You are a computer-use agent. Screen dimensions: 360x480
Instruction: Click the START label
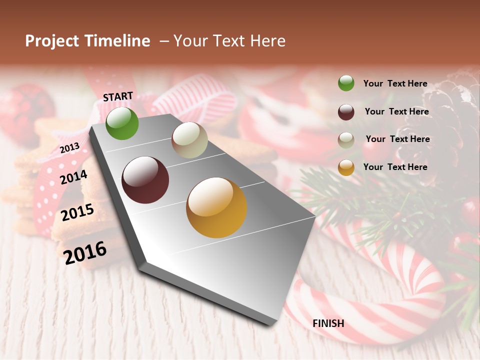[x=118, y=96]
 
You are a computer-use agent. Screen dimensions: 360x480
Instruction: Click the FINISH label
[x=328, y=323]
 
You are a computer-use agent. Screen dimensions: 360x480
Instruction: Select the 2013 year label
[x=69, y=148]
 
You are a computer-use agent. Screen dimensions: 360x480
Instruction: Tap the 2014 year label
[x=74, y=177]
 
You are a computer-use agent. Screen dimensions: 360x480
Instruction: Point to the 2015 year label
[x=77, y=212]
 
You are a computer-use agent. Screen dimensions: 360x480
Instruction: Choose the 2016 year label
[x=85, y=252]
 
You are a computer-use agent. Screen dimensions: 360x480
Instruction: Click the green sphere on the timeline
[x=122, y=123]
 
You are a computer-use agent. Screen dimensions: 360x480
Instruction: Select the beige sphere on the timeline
[x=189, y=140]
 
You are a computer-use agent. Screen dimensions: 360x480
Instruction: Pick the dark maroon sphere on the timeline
[x=145, y=180]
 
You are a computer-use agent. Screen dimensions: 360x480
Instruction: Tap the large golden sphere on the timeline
[x=216, y=207]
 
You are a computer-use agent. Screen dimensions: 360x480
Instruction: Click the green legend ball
[x=346, y=83]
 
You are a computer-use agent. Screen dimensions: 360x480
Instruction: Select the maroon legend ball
[x=346, y=111]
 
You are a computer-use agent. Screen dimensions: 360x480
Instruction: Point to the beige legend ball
[x=346, y=139]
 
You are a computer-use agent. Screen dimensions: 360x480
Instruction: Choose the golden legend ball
[x=346, y=167]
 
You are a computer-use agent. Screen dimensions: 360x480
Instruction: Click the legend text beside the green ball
[x=395, y=83]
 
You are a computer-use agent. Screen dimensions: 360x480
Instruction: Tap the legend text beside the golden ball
[x=395, y=167]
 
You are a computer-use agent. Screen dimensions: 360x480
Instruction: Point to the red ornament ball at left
[x=25, y=110]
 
